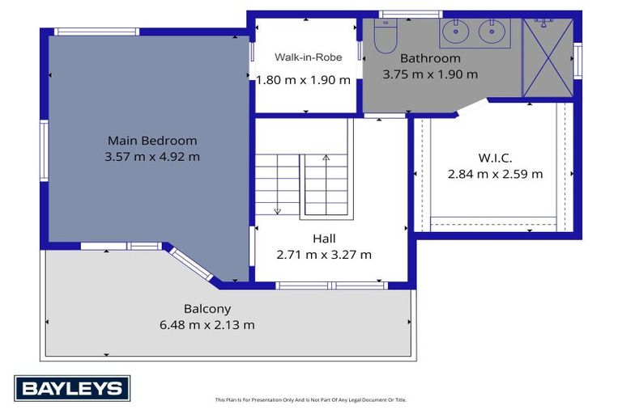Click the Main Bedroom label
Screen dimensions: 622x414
click(x=152, y=141)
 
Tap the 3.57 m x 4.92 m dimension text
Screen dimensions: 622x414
click(x=152, y=157)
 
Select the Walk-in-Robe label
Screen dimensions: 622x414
click(x=309, y=57)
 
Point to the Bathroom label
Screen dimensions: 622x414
click(x=430, y=58)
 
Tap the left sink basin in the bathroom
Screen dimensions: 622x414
click(x=456, y=32)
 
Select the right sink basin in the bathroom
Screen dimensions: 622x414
click(x=492, y=32)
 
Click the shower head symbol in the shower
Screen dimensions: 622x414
click(x=543, y=22)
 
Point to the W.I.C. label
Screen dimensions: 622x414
click(x=495, y=158)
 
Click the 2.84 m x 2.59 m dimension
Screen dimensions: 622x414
click(x=495, y=174)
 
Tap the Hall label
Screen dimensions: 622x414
click(x=324, y=239)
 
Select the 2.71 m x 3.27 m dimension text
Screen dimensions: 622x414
click(x=324, y=255)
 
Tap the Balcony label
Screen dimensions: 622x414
click(x=207, y=309)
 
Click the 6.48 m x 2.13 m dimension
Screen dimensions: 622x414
click(x=207, y=325)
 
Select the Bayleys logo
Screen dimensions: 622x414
click(x=72, y=388)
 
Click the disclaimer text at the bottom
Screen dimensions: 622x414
click(x=311, y=399)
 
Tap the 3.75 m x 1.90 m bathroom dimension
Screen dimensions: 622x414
click(x=430, y=74)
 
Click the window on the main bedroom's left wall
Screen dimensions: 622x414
click(x=44, y=150)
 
